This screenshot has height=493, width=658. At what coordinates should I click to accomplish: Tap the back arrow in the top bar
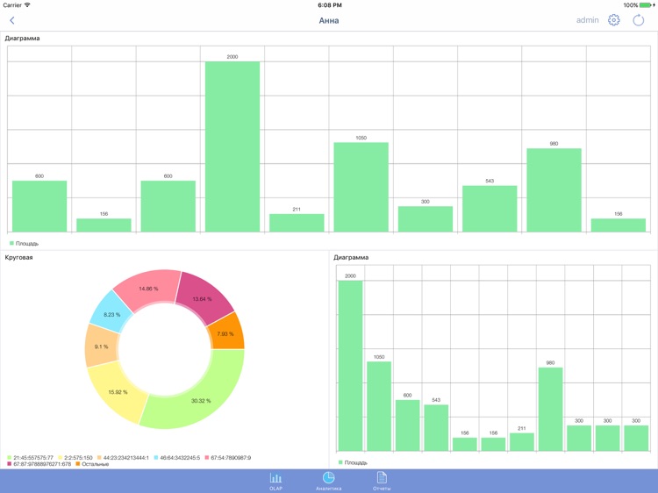pos(12,20)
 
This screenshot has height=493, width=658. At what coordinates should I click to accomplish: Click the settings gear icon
pos(614,20)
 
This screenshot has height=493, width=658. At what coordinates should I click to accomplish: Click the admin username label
pos(588,20)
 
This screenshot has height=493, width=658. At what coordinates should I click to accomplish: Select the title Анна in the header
pos(329,20)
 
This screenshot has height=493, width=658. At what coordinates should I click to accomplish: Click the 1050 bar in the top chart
pos(361,187)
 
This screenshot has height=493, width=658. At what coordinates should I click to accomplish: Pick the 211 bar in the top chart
pos(297,223)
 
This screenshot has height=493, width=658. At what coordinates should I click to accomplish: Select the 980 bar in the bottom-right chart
pos(550,409)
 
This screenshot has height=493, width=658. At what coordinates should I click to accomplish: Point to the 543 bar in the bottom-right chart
pos(436,427)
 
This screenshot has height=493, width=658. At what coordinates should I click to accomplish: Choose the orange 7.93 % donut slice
pos(226,333)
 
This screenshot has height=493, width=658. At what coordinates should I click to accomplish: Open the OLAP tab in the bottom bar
pos(275,481)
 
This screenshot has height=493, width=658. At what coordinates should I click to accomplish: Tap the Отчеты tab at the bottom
pos(382,481)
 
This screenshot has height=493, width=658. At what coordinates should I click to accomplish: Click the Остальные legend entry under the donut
pos(92,464)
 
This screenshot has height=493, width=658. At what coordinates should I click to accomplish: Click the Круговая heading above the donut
pos(19,258)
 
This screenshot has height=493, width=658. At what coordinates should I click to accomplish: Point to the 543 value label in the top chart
pos(490,181)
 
